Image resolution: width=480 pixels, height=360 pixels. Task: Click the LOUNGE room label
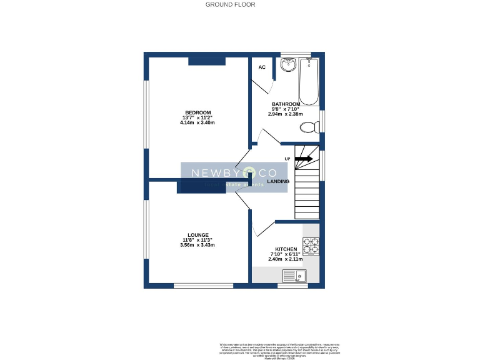point(197,235)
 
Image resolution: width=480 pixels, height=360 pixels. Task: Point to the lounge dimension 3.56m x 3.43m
point(197,245)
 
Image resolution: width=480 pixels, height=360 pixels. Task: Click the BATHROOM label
point(286,104)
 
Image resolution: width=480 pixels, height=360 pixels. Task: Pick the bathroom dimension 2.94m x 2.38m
point(286,114)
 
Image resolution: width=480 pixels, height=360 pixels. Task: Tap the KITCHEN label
point(285,249)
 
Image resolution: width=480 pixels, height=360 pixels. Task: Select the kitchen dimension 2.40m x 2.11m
point(285,259)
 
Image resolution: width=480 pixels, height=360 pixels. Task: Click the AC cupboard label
point(262,67)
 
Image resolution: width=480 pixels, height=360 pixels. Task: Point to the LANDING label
point(278,181)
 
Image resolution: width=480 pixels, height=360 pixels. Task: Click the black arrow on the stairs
point(304,159)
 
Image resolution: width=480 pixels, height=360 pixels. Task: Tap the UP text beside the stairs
point(287,159)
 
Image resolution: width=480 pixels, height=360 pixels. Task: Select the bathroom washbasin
point(288,64)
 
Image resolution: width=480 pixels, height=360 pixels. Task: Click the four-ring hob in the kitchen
point(311,245)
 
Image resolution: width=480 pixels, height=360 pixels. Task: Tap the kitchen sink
point(294,276)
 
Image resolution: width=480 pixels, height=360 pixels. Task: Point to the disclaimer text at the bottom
point(275,349)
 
